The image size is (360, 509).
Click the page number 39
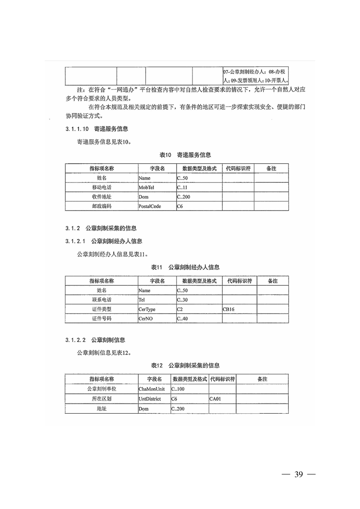[298, 475]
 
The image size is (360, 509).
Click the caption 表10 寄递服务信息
[180, 155]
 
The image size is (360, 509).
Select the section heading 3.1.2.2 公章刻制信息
[95, 340]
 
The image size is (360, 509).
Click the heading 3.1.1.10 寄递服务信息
[96, 129]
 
